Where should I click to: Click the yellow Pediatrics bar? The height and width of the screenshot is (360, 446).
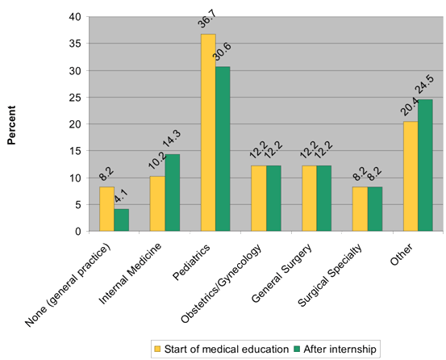click(208, 132)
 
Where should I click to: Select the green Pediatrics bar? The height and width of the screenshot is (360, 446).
click(223, 149)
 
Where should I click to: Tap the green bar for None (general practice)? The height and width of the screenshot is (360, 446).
click(122, 220)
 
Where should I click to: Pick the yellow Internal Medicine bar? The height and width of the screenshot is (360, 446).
click(157, 203)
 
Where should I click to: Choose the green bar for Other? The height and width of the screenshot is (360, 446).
click(425, 165)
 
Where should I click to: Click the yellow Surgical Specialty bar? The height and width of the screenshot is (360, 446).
click(360, 209)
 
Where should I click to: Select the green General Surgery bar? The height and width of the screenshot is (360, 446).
click(324, 199)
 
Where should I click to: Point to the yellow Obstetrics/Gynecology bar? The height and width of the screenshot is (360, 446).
click(259, 199)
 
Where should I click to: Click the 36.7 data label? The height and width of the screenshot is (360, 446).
click(207, 19)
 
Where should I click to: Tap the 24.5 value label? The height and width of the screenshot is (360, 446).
click(424, 85)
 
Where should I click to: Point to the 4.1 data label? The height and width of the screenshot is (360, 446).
click(122, 196)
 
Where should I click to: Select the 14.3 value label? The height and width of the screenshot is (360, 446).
click(172, 139)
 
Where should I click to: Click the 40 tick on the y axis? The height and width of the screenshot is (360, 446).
click(75, 17)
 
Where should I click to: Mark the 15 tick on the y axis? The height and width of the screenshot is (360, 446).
click(75, 151)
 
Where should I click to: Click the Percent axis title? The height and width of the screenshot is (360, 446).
click(11, 125)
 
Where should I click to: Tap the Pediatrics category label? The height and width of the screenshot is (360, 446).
click(191, 262)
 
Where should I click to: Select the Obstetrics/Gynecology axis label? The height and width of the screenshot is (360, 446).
click(221, 284)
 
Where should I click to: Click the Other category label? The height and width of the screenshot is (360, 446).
click(401, 254)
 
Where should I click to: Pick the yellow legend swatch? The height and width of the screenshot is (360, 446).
click(157, 349)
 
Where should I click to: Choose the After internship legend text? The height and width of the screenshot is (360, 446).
click(340, 349)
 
